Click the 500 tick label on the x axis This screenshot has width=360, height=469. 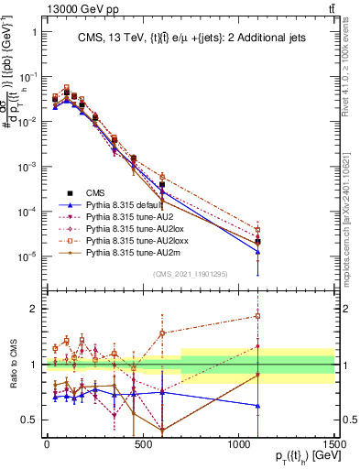[x=143, y=446]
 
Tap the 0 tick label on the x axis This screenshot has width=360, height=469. [x=47, y=446]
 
